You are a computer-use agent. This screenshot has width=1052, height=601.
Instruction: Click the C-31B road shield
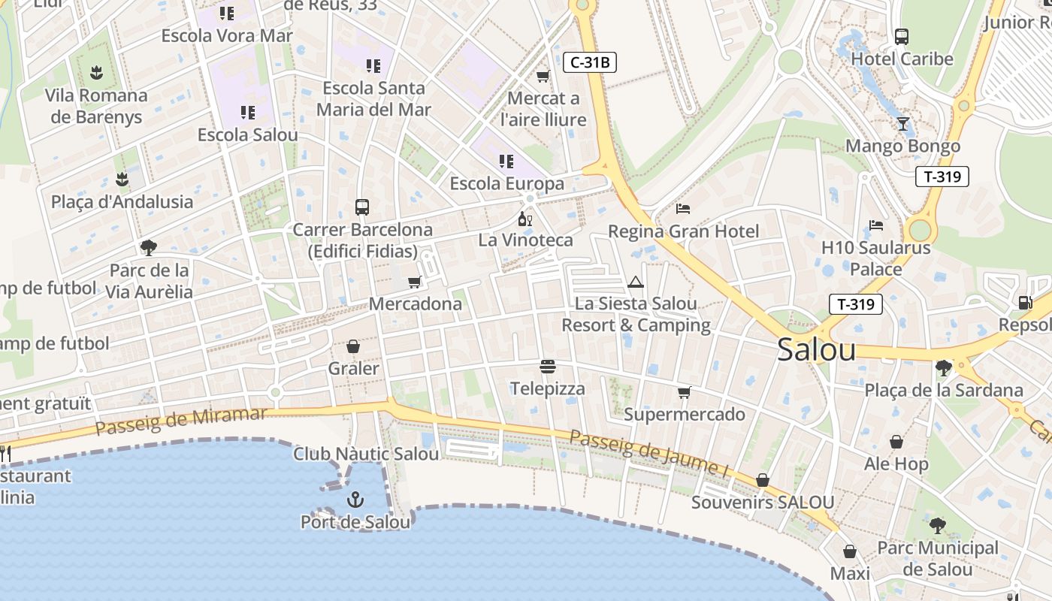[x=590, y=62]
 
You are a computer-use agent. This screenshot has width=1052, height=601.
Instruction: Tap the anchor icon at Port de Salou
[x=355, y=500]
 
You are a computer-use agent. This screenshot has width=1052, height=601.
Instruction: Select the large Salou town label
[x=816, y=350]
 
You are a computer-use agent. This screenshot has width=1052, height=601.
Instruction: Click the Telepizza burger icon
[x=548, y=367]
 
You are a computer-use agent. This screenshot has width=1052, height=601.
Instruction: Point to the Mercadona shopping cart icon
[x=414, y=282]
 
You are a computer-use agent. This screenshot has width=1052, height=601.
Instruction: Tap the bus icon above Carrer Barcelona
[x=362, y=207]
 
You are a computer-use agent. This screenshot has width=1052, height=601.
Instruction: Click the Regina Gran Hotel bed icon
[x=683, y=209]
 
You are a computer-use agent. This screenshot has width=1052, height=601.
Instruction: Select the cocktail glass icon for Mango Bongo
[x=902, y=124]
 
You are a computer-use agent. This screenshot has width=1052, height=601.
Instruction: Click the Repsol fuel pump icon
[x=1025, y=303]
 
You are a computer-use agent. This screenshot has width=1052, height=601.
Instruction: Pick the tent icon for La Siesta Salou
[x=636, y=282]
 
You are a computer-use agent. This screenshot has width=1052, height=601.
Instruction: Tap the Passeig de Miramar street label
[x=181, y=421]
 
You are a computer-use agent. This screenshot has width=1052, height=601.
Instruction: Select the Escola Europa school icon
[x=506, y=162]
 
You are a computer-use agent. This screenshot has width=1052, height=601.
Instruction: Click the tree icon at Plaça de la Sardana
[x=944, y=368]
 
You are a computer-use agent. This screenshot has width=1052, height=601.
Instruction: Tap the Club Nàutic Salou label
[x=366, y=455]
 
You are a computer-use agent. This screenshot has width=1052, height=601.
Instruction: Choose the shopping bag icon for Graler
[x=353, y=346]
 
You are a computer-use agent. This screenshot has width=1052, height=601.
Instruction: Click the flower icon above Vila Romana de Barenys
[x=95, y=73]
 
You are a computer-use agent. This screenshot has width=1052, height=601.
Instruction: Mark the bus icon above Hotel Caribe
[x=902, y=36]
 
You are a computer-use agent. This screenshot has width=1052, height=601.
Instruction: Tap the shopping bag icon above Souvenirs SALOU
[x=763, y=480]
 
